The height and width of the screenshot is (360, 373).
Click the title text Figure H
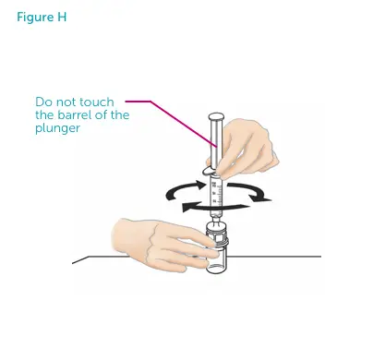[41, 18]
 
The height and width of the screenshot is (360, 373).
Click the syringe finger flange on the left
[206, 173]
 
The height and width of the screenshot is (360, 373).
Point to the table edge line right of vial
[277, 256]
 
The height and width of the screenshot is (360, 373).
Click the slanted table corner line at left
[81, 259]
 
